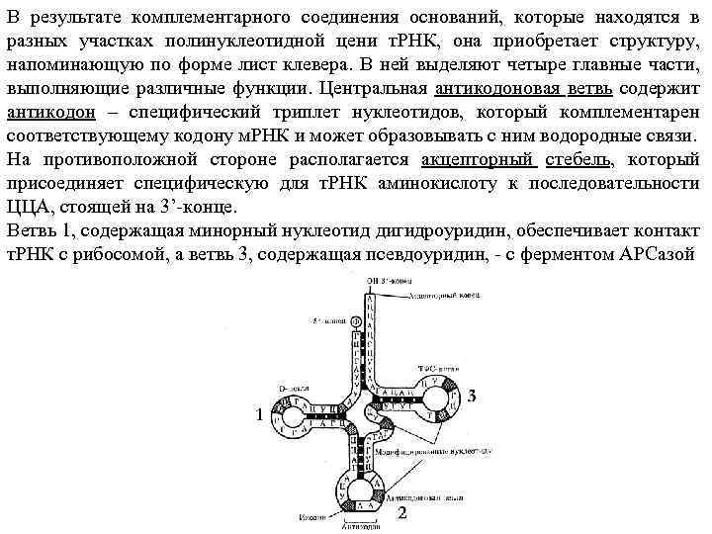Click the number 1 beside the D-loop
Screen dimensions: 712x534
click(x=259, y=415)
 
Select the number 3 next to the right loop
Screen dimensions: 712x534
click(x=472, y=397)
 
